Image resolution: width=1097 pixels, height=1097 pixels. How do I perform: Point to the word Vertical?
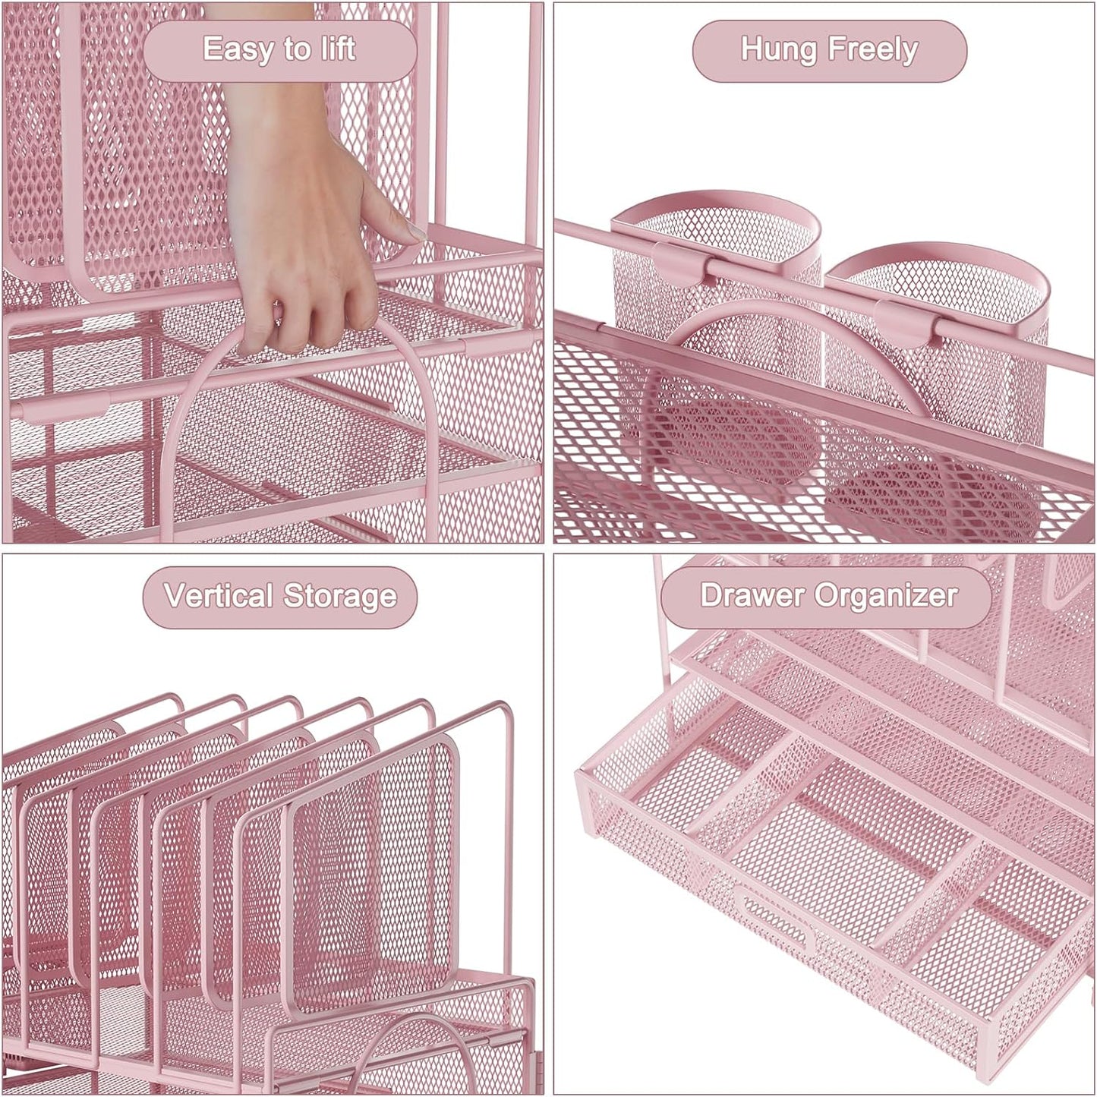click(218, 596)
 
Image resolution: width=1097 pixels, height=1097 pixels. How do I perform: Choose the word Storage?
click(340, 597)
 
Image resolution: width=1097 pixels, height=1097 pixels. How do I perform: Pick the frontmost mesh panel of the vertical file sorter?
click(372, 865)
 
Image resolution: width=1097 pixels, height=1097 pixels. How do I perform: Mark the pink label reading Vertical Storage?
click(280, 597)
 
